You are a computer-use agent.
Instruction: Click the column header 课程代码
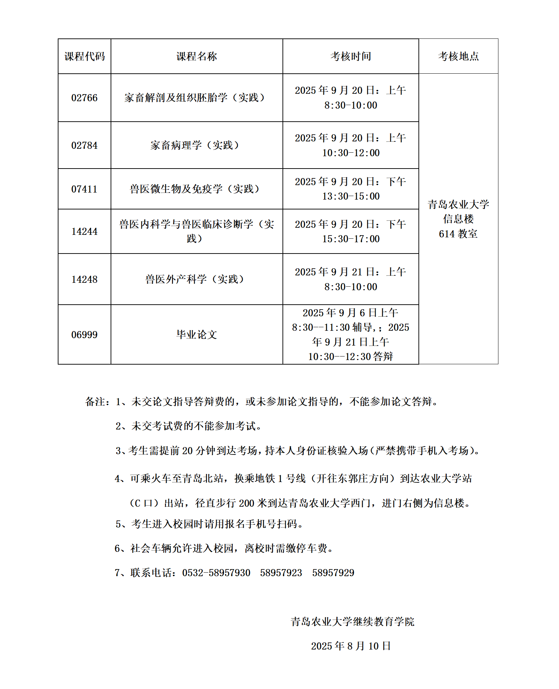(85, 56)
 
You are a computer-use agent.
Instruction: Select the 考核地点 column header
(458, 56)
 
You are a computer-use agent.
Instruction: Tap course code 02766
(84, 98)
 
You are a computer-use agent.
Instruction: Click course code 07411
(84, 189)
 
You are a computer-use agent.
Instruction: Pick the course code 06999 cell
(84, 334)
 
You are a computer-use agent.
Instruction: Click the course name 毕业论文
(196, 334)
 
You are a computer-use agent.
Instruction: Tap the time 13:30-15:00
(351, 196)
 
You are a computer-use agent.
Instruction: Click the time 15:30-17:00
(351, 239)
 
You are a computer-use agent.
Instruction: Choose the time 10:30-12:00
(351, 153)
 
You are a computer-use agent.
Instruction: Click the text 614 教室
(458, 234)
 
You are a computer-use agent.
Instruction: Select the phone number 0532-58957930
(216, 573)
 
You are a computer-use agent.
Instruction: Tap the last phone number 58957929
(333, 573)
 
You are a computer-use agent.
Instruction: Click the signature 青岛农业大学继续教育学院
(352, 621)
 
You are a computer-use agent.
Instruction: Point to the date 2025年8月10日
(351, 646)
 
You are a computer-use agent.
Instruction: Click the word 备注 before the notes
(95, 402)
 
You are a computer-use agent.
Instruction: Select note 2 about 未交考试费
(189, 426)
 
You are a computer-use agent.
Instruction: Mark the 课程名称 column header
(196, 56)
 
